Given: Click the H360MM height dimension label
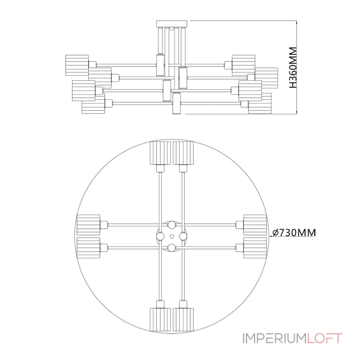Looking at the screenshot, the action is [x=293, y=67].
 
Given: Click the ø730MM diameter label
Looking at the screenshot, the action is [x=294, y=233].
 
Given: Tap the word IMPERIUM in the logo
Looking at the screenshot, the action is [x=274, y=338].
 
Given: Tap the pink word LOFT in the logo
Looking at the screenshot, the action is [x=324, y=338].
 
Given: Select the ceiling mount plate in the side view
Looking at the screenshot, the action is [x=172, y=24].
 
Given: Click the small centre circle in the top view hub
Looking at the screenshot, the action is [x=172, y=236].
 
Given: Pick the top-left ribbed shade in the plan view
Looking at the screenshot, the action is [x=160, y=153].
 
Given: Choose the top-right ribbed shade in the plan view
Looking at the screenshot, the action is [x=183, y=153].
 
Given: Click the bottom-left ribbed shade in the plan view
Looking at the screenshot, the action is [x=160, y=319].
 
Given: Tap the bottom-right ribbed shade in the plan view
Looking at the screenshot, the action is [x=183, y=319].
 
